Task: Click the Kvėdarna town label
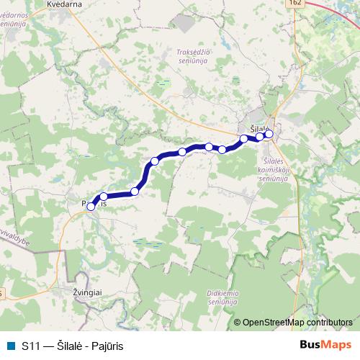tap(64, 4)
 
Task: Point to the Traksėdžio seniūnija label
tap(192, 56)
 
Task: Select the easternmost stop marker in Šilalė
tap(269, 133)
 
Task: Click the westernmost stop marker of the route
tap(91, 207)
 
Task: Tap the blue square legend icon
tap(9, 346)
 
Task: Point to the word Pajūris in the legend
tap(105, 346)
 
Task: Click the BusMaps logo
tap(325, 346)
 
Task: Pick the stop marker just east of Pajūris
tap(104, 196)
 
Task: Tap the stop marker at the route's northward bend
tap(155, 161)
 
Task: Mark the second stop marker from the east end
tap(260, 136)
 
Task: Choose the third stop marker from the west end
tap(135, 191)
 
